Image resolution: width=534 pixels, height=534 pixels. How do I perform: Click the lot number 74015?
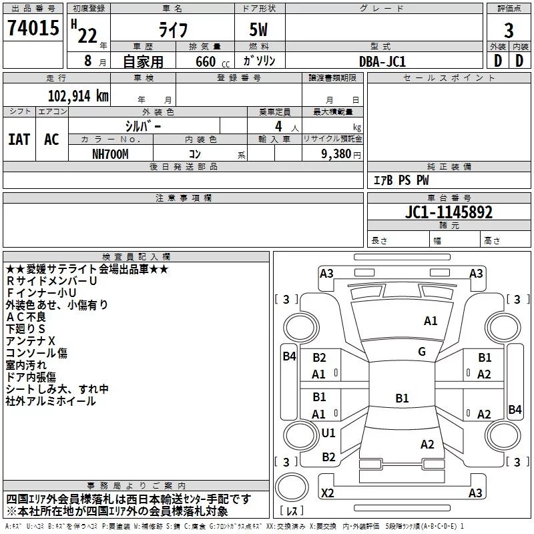point(33,28)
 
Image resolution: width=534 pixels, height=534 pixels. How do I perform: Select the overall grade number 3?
point(509,31)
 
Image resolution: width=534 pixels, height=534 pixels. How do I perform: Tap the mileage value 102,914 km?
point(78,96)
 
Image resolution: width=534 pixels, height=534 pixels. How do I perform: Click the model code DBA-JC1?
point(382,61)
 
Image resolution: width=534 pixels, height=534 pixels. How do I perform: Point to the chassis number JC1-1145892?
point(449,212)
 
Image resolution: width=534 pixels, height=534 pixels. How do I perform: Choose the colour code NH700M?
point(110,154)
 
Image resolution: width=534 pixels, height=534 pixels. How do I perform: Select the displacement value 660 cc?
point(212,62)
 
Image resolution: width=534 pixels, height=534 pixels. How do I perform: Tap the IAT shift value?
point(19,140)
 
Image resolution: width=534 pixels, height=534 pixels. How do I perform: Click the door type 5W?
point(258,29)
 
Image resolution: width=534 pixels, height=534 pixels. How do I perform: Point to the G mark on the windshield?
point(422,352)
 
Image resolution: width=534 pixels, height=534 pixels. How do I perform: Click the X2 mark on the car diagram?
point(328,493)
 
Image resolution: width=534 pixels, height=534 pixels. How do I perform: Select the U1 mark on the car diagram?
point(328,433)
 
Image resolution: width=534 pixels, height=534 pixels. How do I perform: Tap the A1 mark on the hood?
point(431,321)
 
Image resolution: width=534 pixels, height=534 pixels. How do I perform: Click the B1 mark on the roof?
point(402,398)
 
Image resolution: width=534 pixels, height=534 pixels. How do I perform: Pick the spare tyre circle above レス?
point(292,487)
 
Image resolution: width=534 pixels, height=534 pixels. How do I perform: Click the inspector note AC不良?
point(26,317)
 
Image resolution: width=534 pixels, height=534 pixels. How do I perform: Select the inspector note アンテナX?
point(30,341)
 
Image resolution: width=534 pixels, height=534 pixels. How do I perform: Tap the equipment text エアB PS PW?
point(401,180)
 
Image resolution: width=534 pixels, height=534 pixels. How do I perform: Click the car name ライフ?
point(173,30)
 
